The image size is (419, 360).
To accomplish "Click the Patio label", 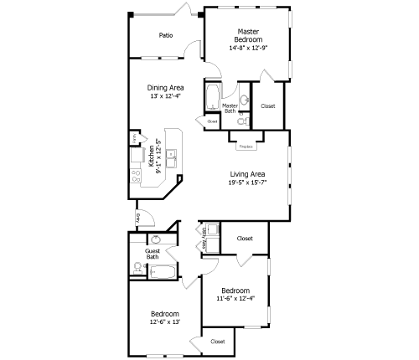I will pyautogui.click(x=166, y=35).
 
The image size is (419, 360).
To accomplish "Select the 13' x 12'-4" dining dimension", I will pyautogui.click(x=165, y=95).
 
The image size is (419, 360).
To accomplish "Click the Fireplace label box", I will pyautogui.click(x=246, y=146).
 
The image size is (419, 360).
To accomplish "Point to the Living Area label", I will pyautogui.click(x=247, y=174).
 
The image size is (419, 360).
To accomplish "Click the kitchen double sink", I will pyautogui.click(x=170, y=154).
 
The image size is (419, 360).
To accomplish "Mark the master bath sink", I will pyautogui.click(x=244, y=99).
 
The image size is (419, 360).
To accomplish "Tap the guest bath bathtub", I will pyautogui.click(x=163, y=271).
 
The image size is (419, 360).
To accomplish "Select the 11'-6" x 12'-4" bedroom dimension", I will pyautogui.click(x=235, y=298).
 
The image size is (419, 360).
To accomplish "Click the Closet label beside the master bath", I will pyautogui.click(x=268, y=106).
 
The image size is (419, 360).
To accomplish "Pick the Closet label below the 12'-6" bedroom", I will pyautogui.click(x=217, y=342).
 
